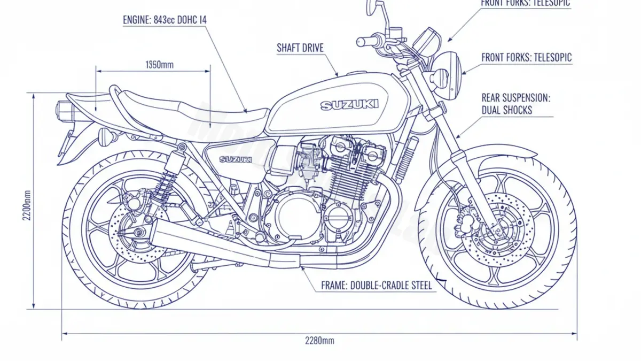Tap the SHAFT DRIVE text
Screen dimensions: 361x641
click(x=300, y=48)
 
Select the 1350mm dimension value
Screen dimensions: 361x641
click(x=159, y=65)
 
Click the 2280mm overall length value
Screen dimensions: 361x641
click(x=319, y=341)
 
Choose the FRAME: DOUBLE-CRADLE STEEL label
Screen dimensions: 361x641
click(x=376, y=286)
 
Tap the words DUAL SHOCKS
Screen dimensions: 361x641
click(x=507, y=110)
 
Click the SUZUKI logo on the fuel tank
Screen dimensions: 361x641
click(x=349, y=105)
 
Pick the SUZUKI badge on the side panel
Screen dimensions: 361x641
click(x=236, y=159)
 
